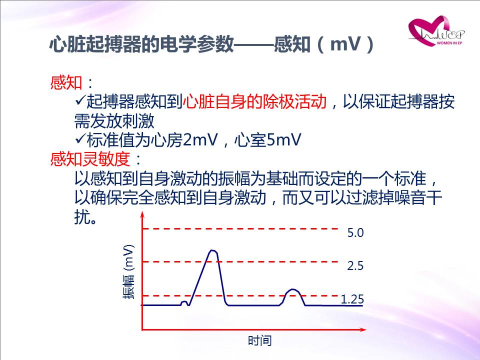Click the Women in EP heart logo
[436, 30]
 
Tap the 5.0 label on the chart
[355, 233]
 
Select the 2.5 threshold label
[355, 265]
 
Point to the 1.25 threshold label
[352, 299]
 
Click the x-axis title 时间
[260, 340]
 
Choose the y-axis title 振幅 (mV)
[128, 272]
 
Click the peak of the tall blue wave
[213, 250]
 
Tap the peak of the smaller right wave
[293, 289]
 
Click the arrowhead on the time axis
[363, 329]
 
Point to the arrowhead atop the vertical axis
[142, 214]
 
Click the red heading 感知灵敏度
[90, 159]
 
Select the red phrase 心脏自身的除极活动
[254, 101]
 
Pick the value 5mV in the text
[284, 140]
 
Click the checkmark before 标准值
[80, 139]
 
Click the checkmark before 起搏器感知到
[80, 100]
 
